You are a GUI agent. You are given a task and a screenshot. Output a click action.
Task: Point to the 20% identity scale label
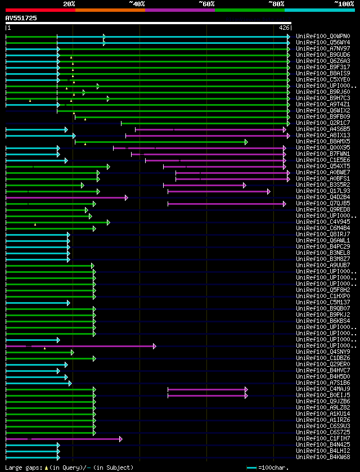coord(69,3)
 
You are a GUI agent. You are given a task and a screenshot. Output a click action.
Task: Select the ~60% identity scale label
coord(206,3)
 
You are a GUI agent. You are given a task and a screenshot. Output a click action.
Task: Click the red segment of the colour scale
coord(40,10)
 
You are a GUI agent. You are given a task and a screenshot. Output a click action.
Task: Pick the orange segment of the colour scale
coord(110,10)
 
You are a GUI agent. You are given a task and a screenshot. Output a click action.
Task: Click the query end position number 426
coord(284,27)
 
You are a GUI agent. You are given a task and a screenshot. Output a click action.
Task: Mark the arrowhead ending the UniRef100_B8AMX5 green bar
coord(246,142)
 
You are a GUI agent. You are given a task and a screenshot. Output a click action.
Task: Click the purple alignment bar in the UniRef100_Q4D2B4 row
coord(65,197)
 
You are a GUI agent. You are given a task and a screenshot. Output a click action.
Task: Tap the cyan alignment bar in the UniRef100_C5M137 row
coord(37,303)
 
